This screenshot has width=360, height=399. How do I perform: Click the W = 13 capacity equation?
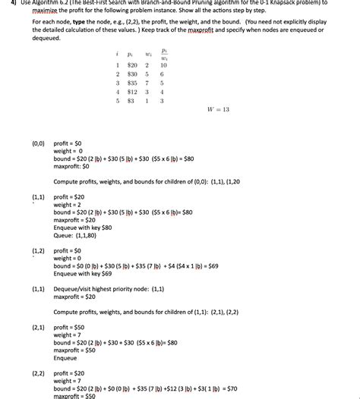pos(218,109)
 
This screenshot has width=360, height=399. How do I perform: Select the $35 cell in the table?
pos(132,83)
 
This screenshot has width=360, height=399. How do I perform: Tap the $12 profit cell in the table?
pos(132,92)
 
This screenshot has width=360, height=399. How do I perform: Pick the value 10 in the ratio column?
pos(163,66)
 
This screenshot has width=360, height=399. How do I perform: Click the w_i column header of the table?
pos(147,55)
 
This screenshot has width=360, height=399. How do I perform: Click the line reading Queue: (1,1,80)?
pos(74,235)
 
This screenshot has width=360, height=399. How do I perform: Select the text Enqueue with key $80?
pos(82,228)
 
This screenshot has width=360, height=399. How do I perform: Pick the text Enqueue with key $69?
pos(82,274)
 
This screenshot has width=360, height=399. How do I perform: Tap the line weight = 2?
pos(69,205)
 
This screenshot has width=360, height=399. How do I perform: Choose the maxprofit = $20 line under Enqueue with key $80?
pos(74,220)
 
